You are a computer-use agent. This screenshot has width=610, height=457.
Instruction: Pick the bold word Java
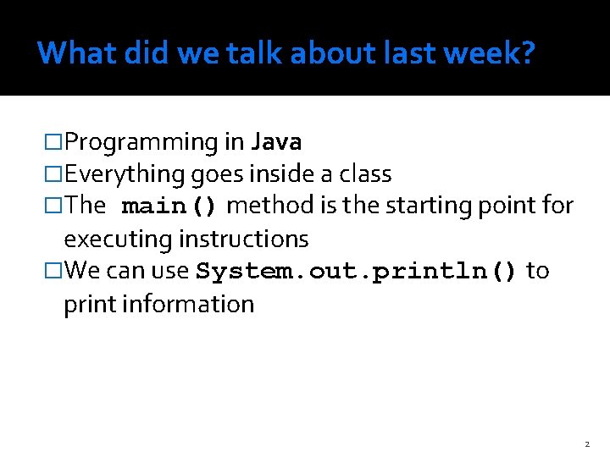[276, 142]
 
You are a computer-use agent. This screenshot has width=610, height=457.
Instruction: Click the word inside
[281, 174]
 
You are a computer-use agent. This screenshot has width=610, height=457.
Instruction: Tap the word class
[364, 174]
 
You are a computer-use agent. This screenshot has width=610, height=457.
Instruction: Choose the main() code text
[171, 206]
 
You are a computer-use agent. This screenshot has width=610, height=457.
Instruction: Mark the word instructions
[243, 240]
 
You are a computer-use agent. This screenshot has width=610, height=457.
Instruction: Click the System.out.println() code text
[357, 272]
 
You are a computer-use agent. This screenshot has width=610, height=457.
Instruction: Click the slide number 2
[585, 444]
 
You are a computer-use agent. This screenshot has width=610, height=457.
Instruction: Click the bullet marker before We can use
[54, 272]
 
